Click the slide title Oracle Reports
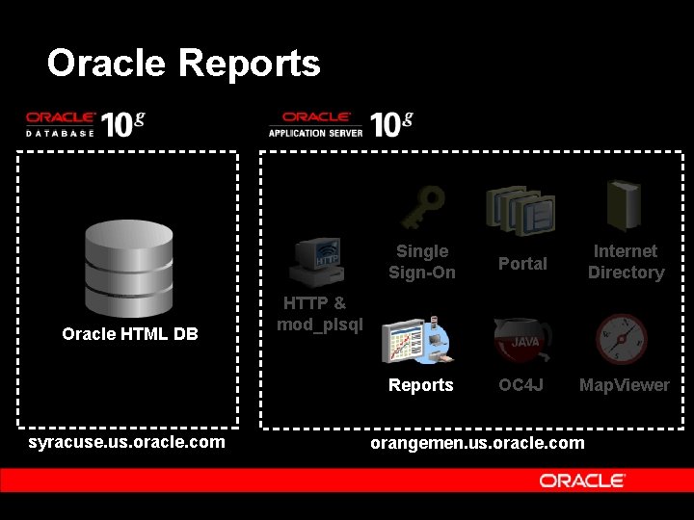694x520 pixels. tap(183, 64)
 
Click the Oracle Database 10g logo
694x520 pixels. tap(86, 124)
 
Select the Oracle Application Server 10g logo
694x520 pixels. tap(340, 124)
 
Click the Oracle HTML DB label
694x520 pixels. tap(129, 334)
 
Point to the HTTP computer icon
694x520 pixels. tap(317, 264)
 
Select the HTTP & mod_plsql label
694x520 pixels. tap(319, 314)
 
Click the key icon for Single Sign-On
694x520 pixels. tap(421, 204)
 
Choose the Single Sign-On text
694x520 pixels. tap(421, 262)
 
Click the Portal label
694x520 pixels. tap(522, 264)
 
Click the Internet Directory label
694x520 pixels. tap(626, 262)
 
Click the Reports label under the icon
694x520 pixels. tap(420, 385)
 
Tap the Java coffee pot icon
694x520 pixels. tap(521, 340)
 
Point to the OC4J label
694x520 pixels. tap(521, 385)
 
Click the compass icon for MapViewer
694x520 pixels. tap(621, 339)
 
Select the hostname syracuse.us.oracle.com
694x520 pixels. tap(127, 442)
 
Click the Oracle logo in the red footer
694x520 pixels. tap(582, 481)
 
